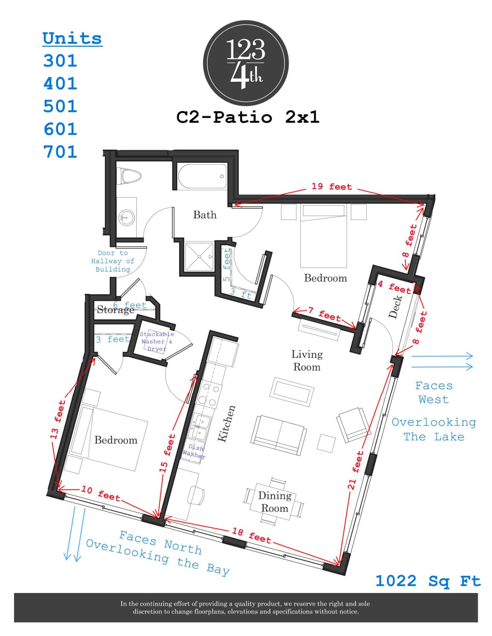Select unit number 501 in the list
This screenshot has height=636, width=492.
[60, 106]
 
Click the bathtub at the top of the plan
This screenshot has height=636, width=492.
[202, 176]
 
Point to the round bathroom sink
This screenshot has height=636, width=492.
[127, 218]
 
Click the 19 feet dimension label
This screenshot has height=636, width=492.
[331, 187]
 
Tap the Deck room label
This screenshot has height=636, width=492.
[395, 307]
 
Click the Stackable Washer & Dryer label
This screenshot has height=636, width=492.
[156, 342]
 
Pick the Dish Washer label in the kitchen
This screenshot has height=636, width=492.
[194, 452]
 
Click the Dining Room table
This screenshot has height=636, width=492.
[275, 502]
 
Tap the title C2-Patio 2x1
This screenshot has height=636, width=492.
[248, 117]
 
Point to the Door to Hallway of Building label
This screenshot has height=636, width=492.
[113, 261]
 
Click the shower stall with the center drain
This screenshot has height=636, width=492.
[199, 257]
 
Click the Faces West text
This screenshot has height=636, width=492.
[434, 393]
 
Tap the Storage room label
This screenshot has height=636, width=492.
[115, 310]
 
